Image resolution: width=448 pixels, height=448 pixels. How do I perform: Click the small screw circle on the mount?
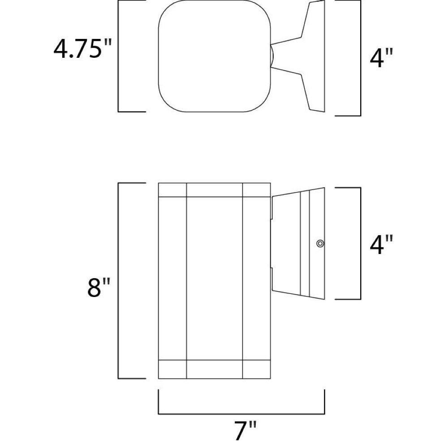click(x=320, y=243)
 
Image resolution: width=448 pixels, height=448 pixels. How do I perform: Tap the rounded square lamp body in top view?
click(x=214, y=56)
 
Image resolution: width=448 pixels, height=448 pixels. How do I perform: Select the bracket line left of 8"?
click(x=118, y=281)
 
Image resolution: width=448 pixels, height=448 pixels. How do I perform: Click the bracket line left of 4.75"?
click(x=118, y=56)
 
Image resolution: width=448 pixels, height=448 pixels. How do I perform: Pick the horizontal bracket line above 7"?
click(x=241, y=414)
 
